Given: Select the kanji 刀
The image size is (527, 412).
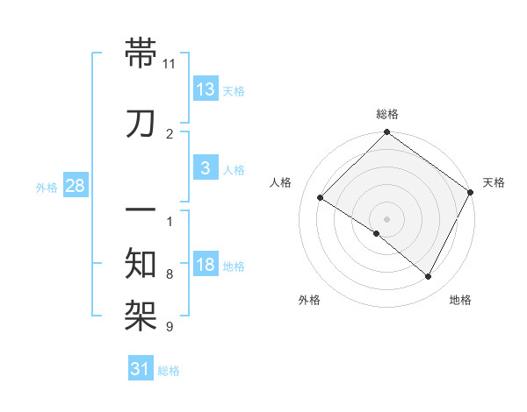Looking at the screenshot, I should [x=141, y=124].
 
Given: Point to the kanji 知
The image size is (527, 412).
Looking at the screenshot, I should [x=141, y=263].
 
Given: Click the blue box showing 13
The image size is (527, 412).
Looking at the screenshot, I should [x=206, y=89].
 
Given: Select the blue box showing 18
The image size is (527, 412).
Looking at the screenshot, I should [x=206, y=264].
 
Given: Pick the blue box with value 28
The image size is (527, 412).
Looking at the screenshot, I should [x=76, y=186].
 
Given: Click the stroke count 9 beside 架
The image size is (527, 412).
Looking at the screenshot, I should [x=170, y=327].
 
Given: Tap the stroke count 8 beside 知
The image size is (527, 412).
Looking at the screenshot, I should [x=170, y=274].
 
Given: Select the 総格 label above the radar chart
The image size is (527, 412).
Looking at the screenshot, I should [x=386, y=114].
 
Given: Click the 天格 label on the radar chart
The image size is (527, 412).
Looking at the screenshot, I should [x=494, y=182].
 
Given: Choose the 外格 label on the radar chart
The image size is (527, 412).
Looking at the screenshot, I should [x=309, y=300].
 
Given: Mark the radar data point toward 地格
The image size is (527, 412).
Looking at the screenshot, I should [x=429, y=277].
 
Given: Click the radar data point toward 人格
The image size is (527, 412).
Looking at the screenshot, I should [x=321, y=198].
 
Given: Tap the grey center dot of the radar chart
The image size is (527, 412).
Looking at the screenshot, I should [x=386, y=218].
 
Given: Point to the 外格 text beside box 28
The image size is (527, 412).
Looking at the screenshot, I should [x=47, y=187].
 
